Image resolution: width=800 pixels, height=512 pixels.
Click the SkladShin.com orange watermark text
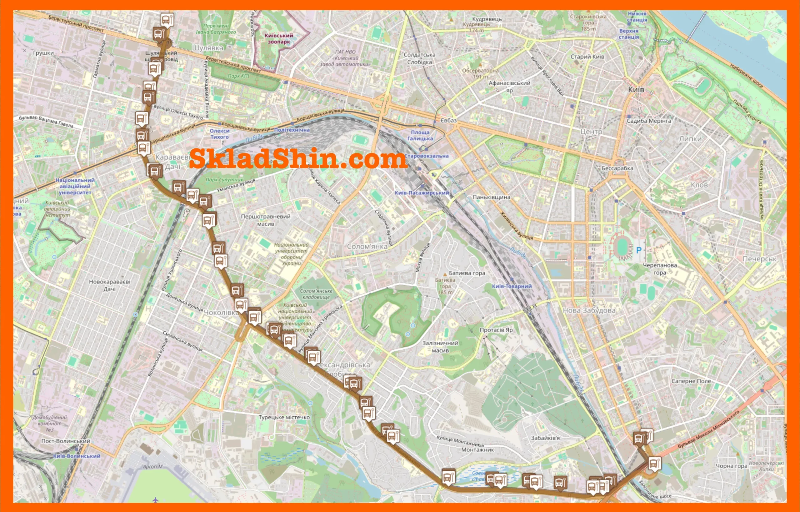(x=298, y=159)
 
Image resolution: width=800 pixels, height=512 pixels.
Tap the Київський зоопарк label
(x=278, y=38)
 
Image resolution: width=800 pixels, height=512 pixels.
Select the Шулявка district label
(x=207, y=48)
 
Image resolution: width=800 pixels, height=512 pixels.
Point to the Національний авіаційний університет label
(x=75, y=186)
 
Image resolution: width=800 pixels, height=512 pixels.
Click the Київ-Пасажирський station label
(x=422, y=193)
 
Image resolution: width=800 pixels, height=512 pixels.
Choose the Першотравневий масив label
(x=266, y=220)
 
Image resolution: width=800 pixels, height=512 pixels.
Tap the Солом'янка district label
(x=367, y=246)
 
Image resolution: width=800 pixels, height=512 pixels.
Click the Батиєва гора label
(x=467, y=273)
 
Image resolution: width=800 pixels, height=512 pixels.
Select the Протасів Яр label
(x=496, y=330)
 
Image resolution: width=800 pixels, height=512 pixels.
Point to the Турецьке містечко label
(x=284, y=417)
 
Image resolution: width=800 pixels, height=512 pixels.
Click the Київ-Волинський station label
(x=77, y=456)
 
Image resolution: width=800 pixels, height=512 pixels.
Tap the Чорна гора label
(x=731, y=466)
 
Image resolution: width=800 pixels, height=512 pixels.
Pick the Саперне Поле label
(x=691, y=381)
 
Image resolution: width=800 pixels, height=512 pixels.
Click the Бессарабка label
(x=617, y=168)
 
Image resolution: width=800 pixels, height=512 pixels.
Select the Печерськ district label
(x=759, y=259)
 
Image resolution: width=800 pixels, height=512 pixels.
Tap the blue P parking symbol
(x=638, y=250)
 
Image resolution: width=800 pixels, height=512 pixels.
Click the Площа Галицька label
(x=420, y=135)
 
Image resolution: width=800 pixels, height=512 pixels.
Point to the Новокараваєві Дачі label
(x=109, y=285)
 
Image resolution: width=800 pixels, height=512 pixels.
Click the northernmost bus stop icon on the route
(x=167, y=20)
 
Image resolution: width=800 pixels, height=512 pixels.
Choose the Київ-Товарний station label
(x=512, y=286)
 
